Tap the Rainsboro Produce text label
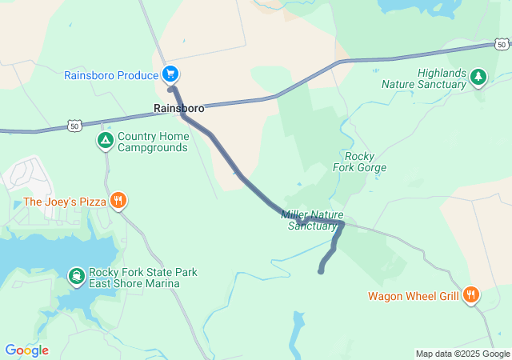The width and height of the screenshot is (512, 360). (x=112, y=75)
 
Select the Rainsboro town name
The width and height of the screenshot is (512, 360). (x=179, y=108)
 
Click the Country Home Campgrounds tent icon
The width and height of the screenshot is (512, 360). (x=105, y=142)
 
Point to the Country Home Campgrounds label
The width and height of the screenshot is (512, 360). (x=153, y=142)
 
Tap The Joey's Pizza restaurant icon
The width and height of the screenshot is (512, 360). (x=118, y=201)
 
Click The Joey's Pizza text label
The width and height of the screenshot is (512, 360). (x=65, y=202)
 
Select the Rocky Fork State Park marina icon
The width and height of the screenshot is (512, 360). (x=76, y=278)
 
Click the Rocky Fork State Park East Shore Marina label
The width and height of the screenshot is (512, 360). (x=143, y=278)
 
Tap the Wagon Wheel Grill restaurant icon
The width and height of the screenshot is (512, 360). (x=471, y=295)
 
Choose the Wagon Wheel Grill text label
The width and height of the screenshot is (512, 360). (x=414, y=296)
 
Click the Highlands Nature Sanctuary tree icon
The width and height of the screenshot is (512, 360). (x=478, y=77)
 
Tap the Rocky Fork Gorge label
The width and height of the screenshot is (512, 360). (x=359, y=162)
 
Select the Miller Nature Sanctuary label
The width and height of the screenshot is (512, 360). (x=312, y=220)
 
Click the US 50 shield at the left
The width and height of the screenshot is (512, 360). (x=74, y=126)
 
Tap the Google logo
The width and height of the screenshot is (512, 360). (x=26, y=350)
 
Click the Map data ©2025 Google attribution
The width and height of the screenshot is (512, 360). (x=462, y=354)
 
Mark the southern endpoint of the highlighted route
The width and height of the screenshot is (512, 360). (x=321, y=272)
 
